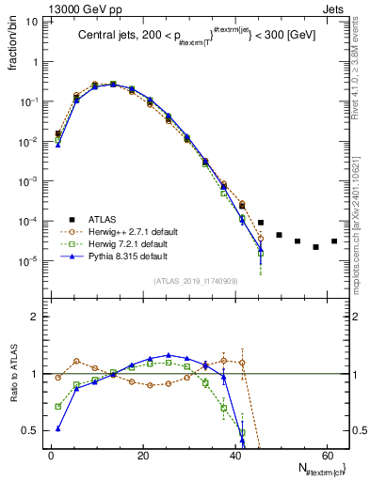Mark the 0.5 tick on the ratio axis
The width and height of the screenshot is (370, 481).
[x=33, y=430]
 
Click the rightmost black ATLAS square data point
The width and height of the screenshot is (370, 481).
[x=334, y=241]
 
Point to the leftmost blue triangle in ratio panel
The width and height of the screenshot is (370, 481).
[x=58, y=428]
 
